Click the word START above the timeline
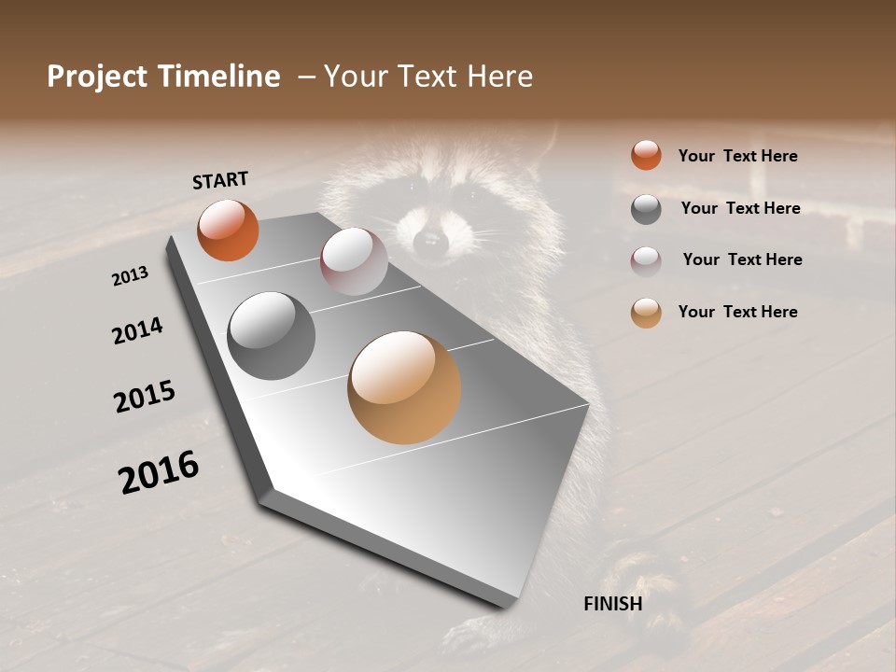220,180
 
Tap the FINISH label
612,604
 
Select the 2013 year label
130,275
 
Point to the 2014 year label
137,330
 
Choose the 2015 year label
145,397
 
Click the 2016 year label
159,472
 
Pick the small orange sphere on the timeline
228,230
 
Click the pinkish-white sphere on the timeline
354,261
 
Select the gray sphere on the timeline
272,336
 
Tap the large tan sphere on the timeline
404,387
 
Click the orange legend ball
646,155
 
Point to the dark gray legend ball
646,209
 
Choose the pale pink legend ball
646,260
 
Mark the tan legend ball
646,313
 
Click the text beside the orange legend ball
737,156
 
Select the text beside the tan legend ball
737,312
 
